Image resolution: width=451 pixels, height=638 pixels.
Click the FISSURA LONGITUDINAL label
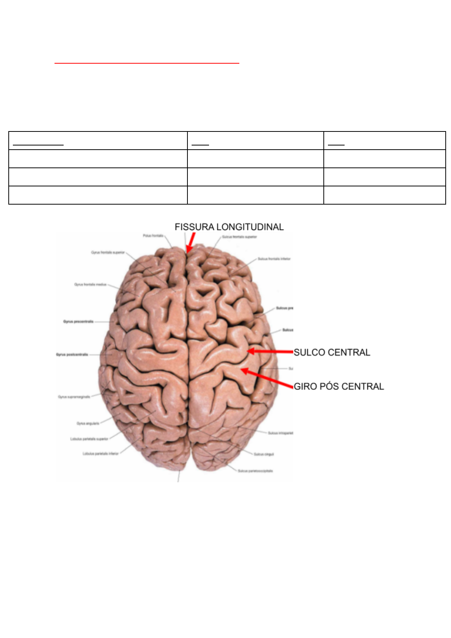pos(229,227)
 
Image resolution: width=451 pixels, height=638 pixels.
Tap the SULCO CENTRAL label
pos(332,352)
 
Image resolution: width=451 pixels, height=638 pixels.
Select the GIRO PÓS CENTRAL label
pos(339,386)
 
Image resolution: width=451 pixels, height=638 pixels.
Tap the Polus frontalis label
pos(153,236)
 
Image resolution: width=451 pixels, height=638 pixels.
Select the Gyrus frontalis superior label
pos(108,252)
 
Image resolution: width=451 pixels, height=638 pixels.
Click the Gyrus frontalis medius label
pos(91,284)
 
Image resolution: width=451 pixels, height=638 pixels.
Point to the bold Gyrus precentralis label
pos(78,322)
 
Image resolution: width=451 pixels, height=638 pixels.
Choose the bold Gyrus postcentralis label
pos(72,355)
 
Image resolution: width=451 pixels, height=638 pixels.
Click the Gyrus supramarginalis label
pos(74,397)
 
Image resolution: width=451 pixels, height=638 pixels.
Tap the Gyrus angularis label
pos(88,423)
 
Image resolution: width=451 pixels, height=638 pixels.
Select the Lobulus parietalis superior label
pos(89,439)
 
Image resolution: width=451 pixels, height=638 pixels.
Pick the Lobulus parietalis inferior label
pos(101,453)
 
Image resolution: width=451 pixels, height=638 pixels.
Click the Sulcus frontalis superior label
pos(239,237)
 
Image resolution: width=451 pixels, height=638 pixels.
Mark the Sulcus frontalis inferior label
pos(274,259)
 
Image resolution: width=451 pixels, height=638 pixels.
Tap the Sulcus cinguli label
pos(264,454)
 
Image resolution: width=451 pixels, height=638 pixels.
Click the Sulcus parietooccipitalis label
pos(255,471)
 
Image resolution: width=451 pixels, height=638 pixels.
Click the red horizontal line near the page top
pos(147,63)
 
